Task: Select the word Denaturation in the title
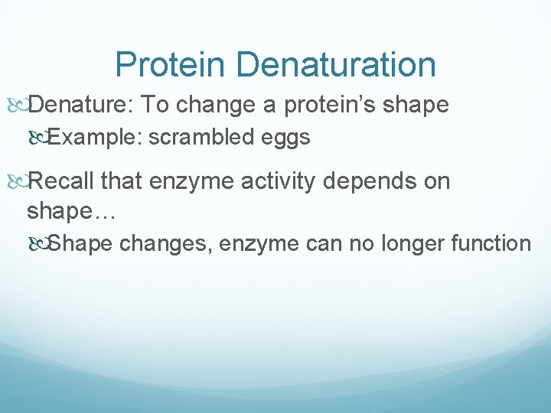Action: [336, 65]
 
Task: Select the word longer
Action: [419, 244]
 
